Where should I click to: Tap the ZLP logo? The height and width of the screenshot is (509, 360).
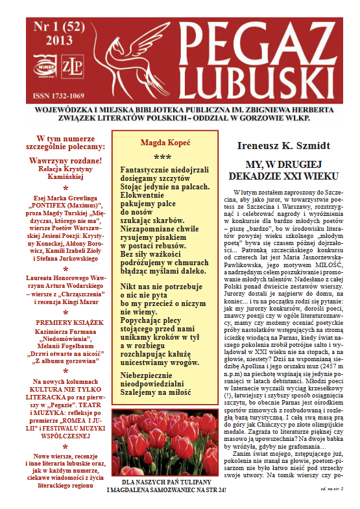[x=69, y=65]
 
